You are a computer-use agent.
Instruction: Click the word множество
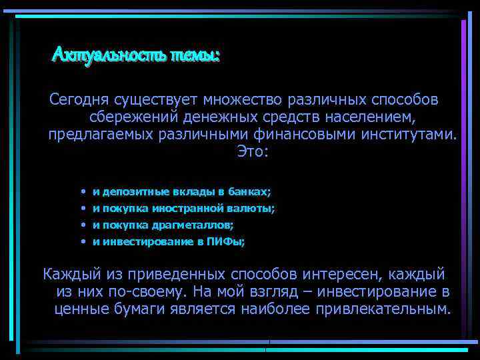248,100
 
